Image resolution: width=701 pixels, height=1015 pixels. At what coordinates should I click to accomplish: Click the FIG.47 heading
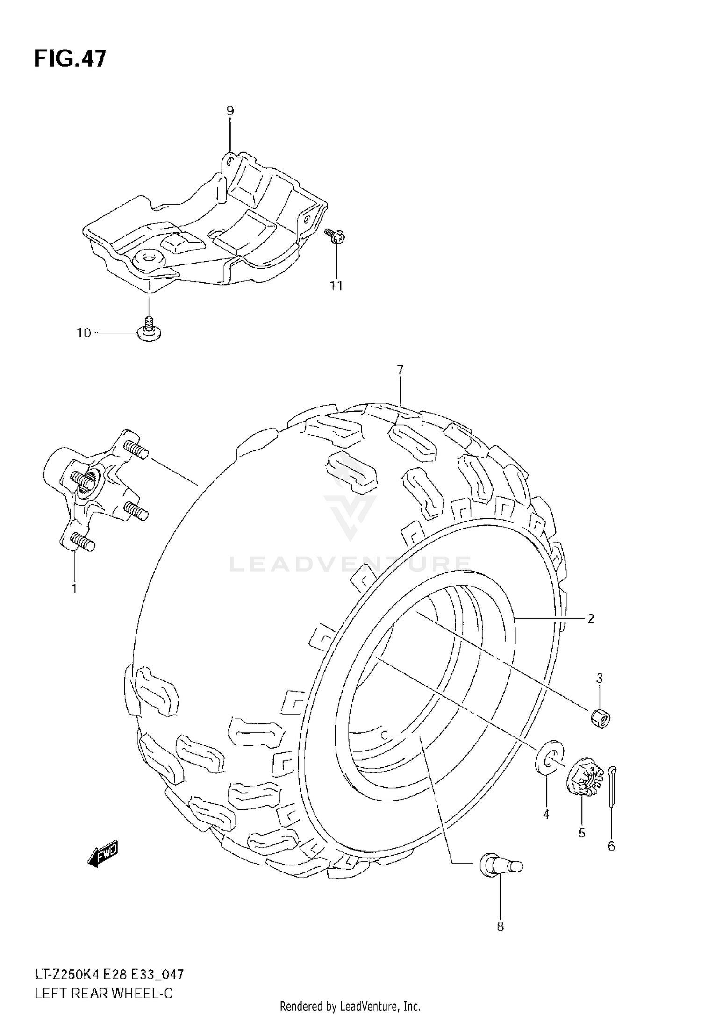(x=70, y=59)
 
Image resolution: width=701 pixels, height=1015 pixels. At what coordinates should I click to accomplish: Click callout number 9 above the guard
(x=230, y=111)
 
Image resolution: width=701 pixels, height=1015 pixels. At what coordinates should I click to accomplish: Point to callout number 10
(x=84, y=333)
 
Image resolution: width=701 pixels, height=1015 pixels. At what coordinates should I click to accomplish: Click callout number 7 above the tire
(x=400, y=371)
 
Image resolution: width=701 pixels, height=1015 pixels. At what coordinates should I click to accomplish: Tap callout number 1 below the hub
(x=74, y=589)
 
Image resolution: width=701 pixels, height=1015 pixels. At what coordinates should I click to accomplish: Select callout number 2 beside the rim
(x=591, y=619)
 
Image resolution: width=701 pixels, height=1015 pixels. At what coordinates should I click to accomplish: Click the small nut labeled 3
(x=600, y=719)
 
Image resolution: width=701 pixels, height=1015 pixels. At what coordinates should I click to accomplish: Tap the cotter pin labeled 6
(x=612, y=786)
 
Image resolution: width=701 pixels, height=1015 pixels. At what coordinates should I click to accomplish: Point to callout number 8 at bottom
(x=500, y=927)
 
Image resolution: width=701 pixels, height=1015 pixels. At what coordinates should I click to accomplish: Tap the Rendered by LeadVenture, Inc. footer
(x=350, y=1006)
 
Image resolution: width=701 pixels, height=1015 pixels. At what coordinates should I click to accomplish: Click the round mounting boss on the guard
(x=150, y=257)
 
